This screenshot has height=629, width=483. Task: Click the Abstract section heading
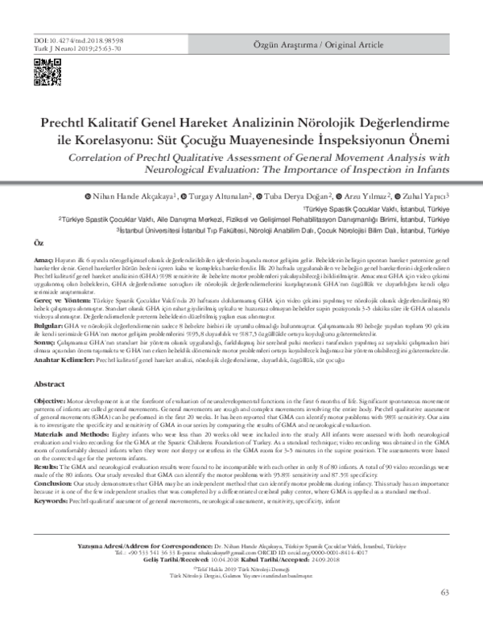point(51,362)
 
